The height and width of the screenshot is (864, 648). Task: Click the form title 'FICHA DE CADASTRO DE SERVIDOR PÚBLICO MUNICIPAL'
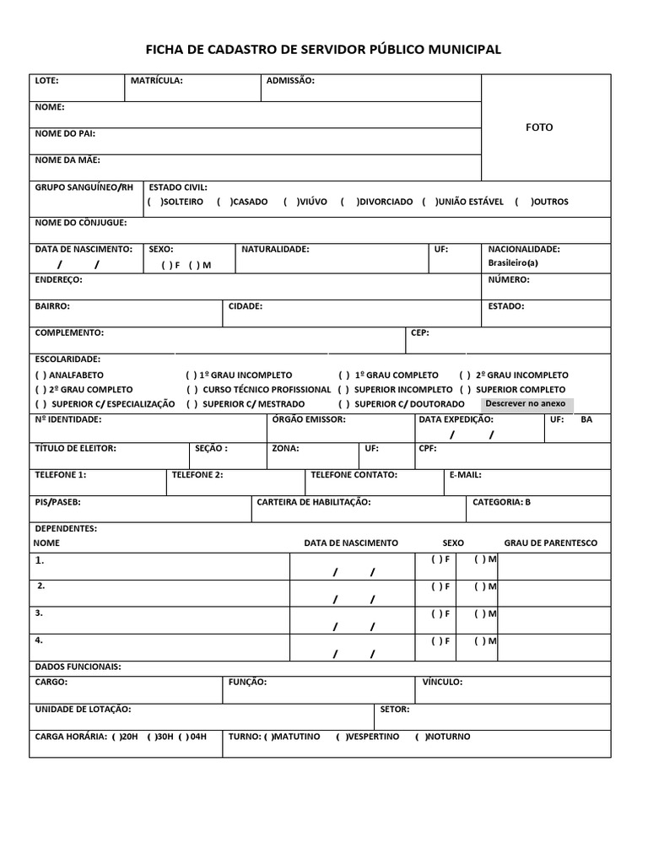pyautogui.click(x=324, y=50)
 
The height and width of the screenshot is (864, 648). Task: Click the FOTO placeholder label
pyautogui.click(x=539, y=127)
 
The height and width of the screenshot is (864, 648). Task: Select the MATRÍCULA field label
pyautogui.click(x=156, y=81)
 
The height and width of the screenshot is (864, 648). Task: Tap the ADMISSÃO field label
pyautogui.click(x=290, y=81)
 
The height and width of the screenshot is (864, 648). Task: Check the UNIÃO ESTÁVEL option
pyautogui.click(x=429, y=202)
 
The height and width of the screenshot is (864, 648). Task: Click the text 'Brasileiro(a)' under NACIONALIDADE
pyautogui.click(x=513, y=263)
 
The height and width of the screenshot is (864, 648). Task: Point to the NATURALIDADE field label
pyautogui.click(x=275, y=250)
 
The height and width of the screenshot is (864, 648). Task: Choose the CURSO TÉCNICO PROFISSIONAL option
pyautogui.click(x=193, y=390)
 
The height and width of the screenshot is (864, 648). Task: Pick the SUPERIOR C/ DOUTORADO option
pyautogui.click(x=344, y=404)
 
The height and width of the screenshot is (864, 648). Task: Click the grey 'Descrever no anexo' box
pyautogui.click(x=526, y=404)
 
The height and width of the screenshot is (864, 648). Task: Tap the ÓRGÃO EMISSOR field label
pyautogui.click(x=309, y=419)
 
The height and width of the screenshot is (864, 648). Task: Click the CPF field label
pyautogui.click(x=427, y=449)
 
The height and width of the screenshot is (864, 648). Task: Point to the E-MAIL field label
pyautogui.click(x=465, y=476)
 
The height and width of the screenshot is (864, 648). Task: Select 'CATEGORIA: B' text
pyautogui.click(x=501, y=503)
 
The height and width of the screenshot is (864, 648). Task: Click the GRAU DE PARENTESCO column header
pyautogui.click(x=550, y=543)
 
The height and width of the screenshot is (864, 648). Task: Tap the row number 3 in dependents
pyautogui.click(x=39, y=614)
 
